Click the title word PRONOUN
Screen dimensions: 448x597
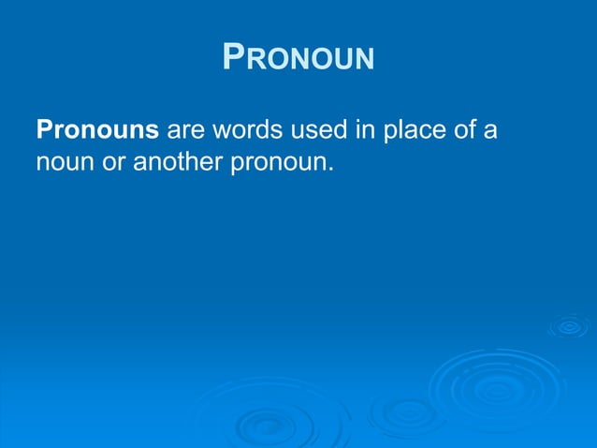tap(298, 58)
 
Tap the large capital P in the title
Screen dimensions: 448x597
tap(234, 57)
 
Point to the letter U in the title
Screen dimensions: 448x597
tap(342, 61)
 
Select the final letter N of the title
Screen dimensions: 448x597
tap(363, 61)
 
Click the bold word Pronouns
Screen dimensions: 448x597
tap(97, 128)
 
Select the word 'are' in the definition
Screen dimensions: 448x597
tap(185, 129)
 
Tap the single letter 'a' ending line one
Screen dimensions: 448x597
tap(489, 130)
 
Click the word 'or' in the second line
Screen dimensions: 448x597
tap(114, 163)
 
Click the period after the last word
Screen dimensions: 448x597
tap(330, 170)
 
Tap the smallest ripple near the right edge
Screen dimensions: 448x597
tap(568, 327)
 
